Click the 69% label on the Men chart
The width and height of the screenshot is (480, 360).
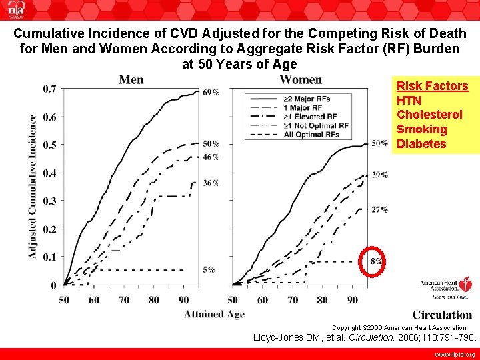[211, 93]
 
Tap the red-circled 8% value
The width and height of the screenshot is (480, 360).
[375, 261]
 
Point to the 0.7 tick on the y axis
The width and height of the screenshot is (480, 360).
[49, 89]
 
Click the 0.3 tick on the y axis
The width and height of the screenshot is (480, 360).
[49, 201]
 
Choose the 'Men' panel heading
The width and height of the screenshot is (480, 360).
[131, 80]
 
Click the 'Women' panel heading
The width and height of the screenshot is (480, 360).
[300, 80]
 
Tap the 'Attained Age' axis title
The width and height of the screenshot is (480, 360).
[214, 314]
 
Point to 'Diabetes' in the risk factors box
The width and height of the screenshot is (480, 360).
[421, 144]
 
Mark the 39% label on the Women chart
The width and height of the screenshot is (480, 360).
[379, 175]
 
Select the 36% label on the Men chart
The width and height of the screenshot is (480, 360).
[211, 183]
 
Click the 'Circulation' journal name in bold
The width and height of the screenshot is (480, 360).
[441, 315]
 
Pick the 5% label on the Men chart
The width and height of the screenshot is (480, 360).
[209, 269]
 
